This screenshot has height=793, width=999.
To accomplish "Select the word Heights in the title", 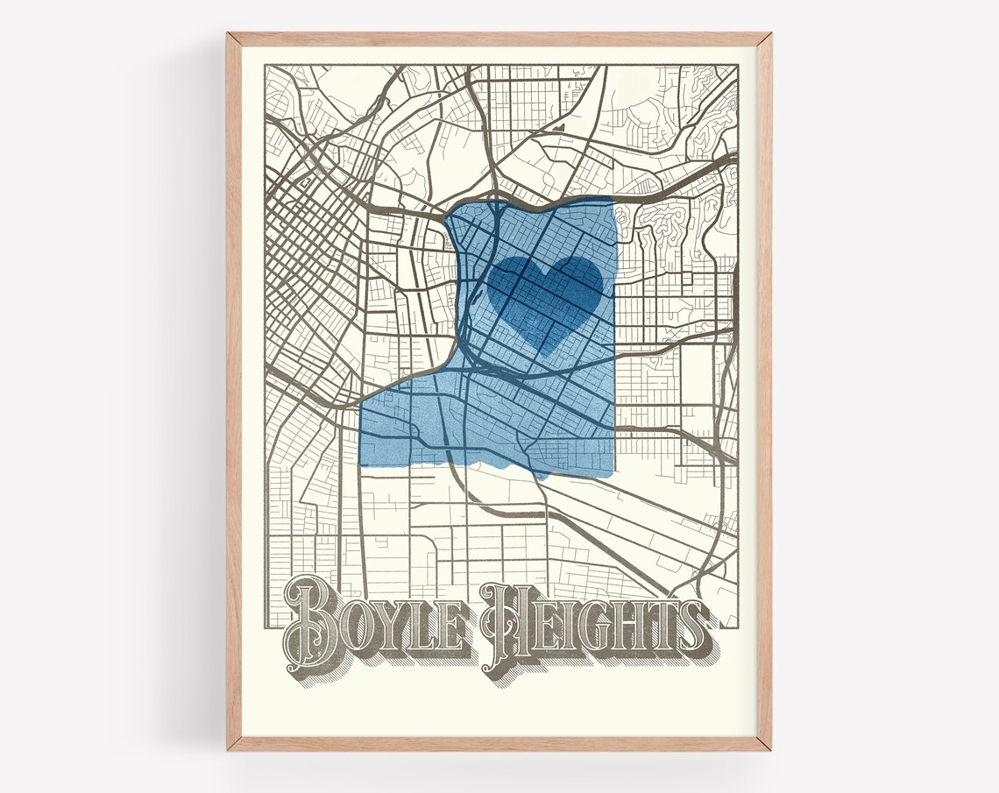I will click(x=596, y=627).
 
